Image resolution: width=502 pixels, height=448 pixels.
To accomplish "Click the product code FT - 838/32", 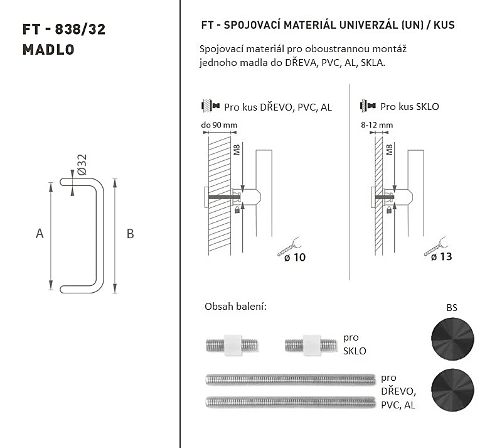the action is [x=64, y=30].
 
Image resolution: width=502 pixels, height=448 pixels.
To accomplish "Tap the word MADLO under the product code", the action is [x=48, y=50].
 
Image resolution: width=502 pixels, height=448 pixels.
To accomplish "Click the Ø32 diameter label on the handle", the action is [x=82, y=165].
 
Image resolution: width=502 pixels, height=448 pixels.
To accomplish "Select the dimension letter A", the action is [x=40, y=234].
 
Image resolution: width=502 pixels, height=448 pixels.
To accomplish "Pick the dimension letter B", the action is [x=130, y=234].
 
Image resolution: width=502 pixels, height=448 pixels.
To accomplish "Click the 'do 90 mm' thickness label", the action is [x=219, y=125].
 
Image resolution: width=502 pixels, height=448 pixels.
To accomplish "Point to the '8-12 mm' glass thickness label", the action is [x=377, y=125].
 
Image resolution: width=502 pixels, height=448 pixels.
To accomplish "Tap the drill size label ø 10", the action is [x=295, y=257].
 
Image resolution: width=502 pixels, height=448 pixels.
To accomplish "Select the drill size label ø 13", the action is [x=441, y=256].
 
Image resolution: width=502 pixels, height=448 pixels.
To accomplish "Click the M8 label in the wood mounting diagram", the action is [x=237, y=150].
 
